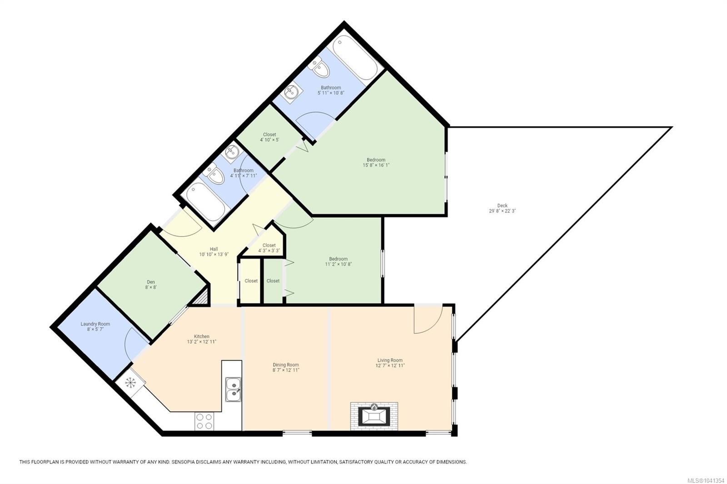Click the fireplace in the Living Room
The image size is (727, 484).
(x=374, y=416)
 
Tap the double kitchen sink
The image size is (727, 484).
(x=234, y=389)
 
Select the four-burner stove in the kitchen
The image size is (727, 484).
(x=204, y=421)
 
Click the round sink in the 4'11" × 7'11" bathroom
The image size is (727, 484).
(x=231, y=152)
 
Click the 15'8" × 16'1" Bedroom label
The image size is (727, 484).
(x=376, y=162)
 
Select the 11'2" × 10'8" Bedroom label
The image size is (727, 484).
(x=338, y=262)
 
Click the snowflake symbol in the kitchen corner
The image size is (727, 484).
(x=130, y=383)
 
